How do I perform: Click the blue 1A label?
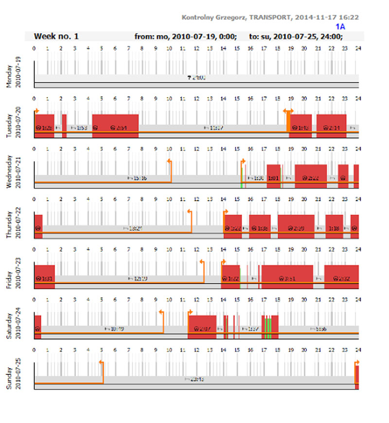point(340,27)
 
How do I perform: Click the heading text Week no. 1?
point(56,36)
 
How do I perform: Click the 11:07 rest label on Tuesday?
point(214,128)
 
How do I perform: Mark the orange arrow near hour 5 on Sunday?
point(102,362)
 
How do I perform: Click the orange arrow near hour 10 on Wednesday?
point(170,161)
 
